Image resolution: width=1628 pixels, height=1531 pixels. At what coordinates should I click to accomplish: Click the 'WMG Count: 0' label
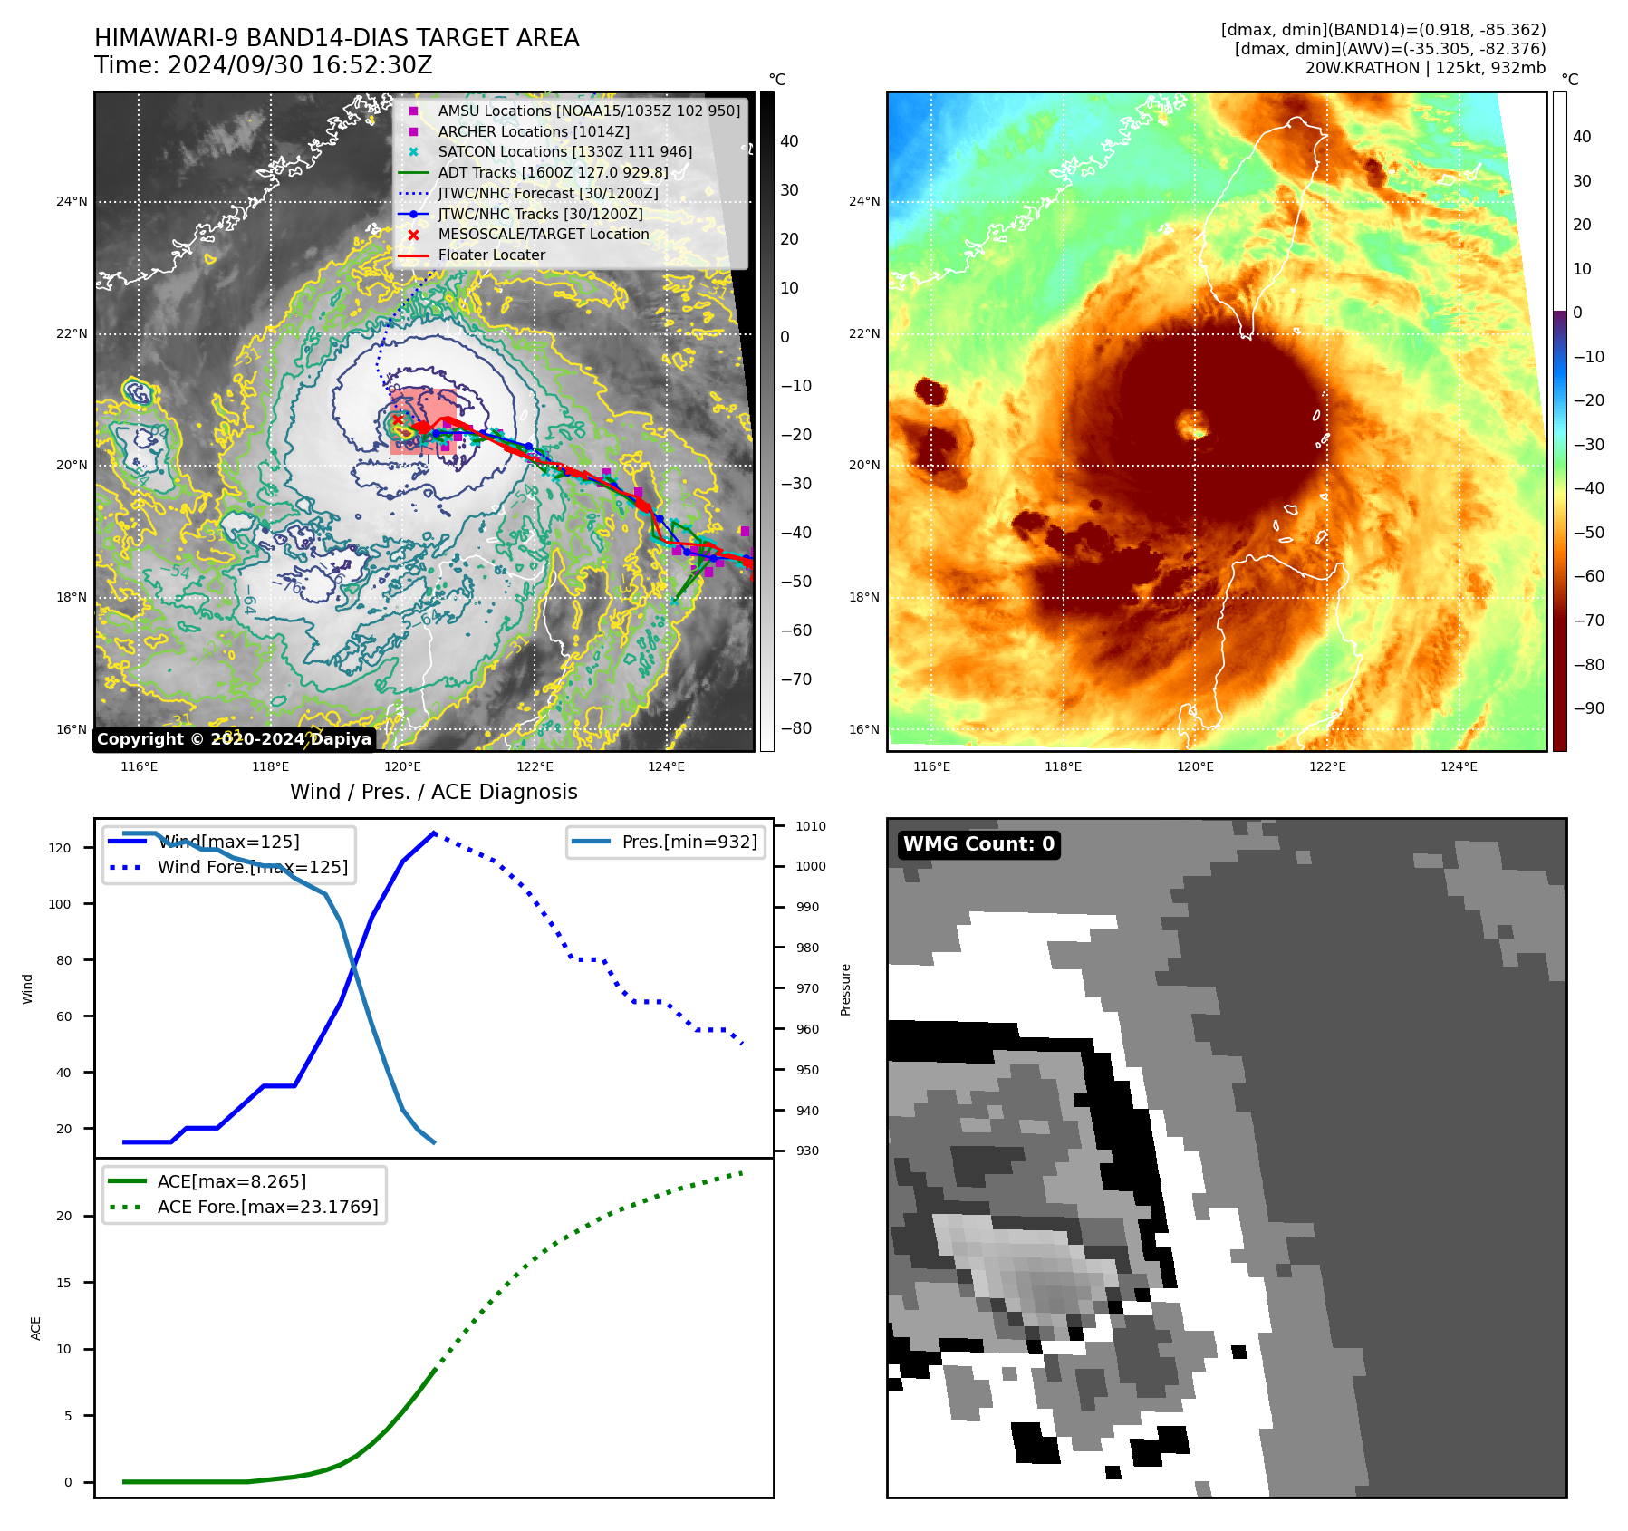[x=978, y=844]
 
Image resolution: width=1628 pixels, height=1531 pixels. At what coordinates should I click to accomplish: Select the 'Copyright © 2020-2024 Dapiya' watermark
[x=234, y=739]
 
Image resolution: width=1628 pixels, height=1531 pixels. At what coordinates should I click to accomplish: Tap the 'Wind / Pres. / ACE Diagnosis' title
[x=433, y=792]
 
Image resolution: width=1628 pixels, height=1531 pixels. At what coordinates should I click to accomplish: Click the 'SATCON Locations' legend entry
[x=564, y=152]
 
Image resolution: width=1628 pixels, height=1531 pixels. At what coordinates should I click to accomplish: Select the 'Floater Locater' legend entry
[x=491, y=255]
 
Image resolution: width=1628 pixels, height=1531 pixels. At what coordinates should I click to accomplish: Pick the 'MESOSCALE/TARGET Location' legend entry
[x=543, y=235]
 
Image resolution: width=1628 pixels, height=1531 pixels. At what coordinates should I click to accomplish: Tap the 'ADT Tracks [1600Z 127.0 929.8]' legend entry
[x=553, y=173]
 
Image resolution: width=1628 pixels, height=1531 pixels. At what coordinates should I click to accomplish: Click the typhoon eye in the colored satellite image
[x=1193, y=424]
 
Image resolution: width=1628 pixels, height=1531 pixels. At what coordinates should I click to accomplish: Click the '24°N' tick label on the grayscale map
[x=72, y=202]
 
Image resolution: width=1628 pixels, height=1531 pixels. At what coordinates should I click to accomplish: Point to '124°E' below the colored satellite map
[x=1459, y=767]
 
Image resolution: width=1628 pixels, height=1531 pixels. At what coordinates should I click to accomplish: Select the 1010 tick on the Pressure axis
[x=810, y=826]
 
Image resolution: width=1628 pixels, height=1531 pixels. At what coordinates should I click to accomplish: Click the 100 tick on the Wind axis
[x=60, y=904]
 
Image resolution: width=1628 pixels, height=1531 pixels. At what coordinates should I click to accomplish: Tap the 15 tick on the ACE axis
[x=63, y=1283]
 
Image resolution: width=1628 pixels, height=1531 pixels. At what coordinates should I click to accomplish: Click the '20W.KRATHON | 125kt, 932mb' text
[x=1425, y=68]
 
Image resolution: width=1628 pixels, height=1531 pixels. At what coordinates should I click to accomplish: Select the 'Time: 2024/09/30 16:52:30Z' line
[x=263, y=65]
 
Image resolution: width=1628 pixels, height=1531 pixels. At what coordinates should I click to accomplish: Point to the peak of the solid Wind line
[x=435, y=833]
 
